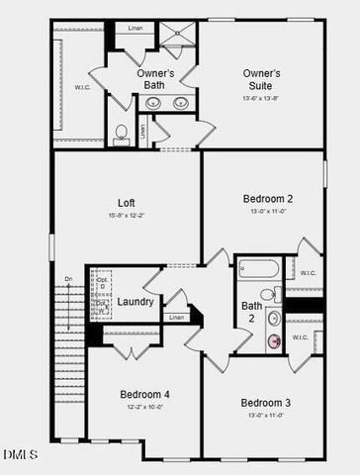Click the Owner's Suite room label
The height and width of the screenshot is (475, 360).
[261, 73]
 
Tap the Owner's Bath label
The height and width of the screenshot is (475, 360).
[155, 79]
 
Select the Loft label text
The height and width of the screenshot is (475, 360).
[126, 202]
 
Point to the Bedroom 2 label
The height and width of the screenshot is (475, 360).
[268, 199]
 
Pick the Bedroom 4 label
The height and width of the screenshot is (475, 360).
[144, 394]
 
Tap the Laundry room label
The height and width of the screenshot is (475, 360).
[135, 301]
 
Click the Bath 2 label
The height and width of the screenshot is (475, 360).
[252, 312]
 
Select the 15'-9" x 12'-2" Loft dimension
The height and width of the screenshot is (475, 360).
[126, 215]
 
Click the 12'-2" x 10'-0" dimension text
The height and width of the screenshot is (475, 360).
[144, 407]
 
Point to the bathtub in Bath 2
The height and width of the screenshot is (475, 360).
[259, 269]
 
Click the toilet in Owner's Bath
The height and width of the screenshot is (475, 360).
[121, 134]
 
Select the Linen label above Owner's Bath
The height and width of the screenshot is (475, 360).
[135, 28]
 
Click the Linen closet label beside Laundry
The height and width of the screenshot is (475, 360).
[175, 317]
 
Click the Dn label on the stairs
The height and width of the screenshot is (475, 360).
[68, 280]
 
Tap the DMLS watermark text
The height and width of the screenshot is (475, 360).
[20, 454]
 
